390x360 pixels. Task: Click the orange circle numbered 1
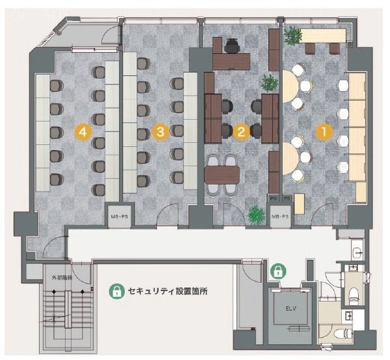click(x=321, y=131)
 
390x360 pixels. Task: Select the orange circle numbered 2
click(x=240, y=131)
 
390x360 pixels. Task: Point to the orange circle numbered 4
click(x=81, y=131)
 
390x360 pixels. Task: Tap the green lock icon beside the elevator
click(x=278, y=270)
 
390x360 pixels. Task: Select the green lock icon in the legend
click(x=116, y=292)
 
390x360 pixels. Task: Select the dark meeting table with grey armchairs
click(x=222, y=174)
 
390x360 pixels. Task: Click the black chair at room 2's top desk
click(x=232, y=45)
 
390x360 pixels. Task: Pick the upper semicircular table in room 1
click(x=290, y=88)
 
